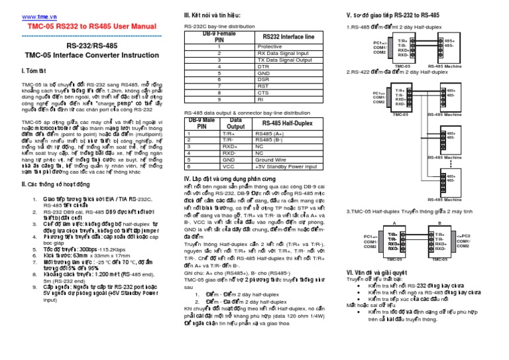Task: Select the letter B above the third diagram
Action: click(x=437, y=224)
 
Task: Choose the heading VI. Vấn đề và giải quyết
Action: click(x=377, y=272)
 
